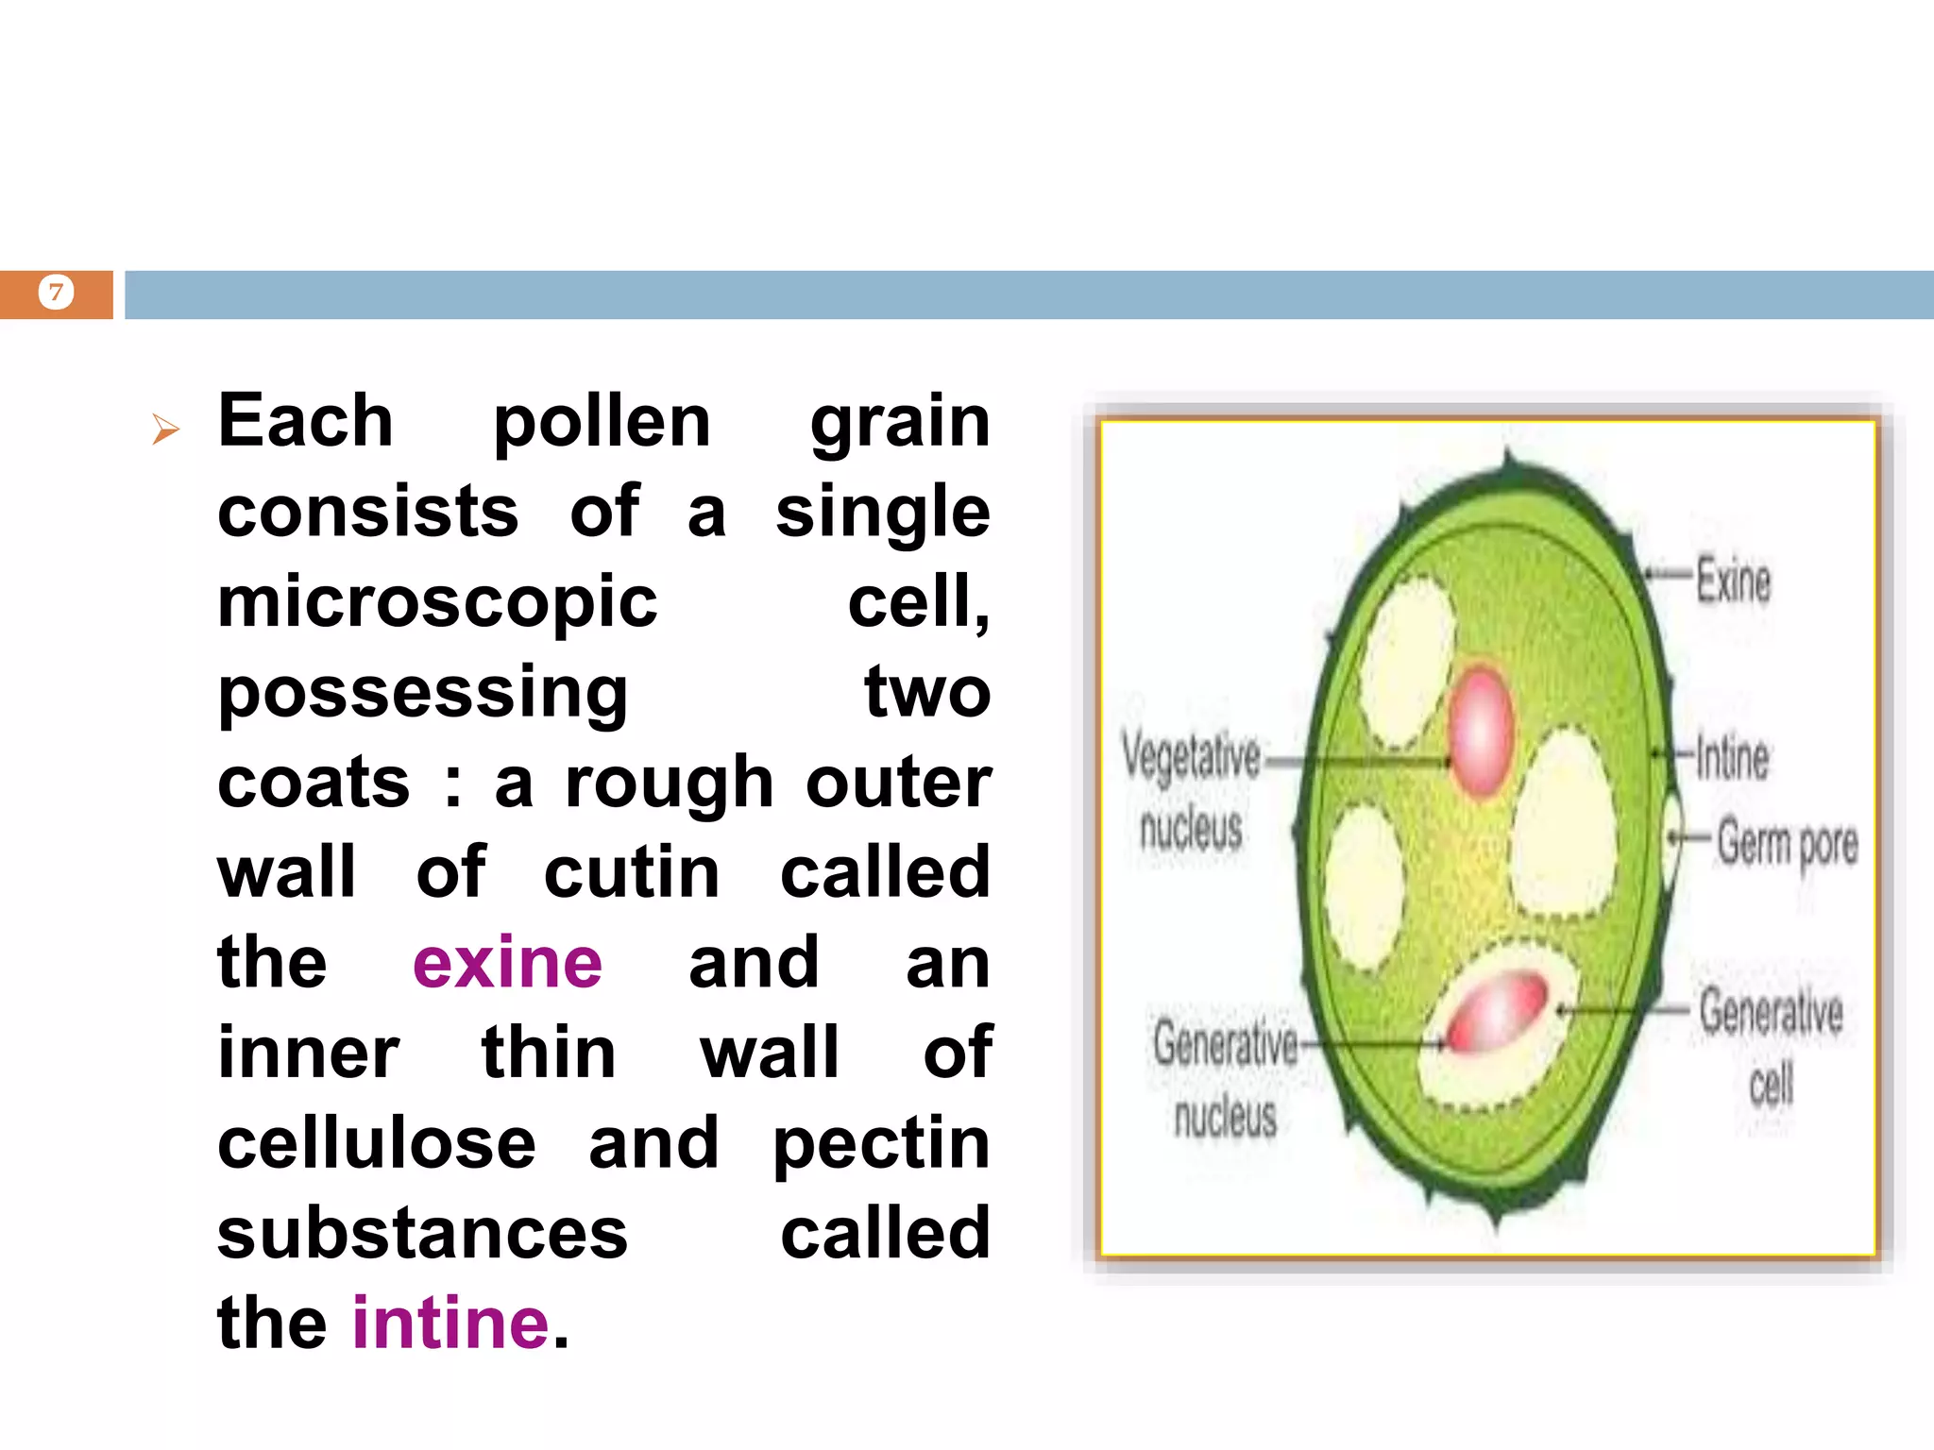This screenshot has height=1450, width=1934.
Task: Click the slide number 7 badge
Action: pyautogui.click(x=56, y=293)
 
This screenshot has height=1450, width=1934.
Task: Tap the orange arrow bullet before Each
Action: pyautogui.click(x=165, y=430)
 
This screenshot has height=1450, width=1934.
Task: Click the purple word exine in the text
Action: pyautogui.click(x=507, y=963)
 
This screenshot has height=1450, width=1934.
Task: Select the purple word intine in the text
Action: pyautogui.click(x=450, y=1324)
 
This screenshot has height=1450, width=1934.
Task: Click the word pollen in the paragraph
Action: pyautogui.click(x=602, y=422)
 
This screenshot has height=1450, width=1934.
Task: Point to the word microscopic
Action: pyautogui.click(x=437, y=601)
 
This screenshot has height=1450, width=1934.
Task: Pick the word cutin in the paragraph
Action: pyautogui.click(x=632, y=873)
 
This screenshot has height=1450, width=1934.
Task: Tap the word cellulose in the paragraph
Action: pyautogui.click(x=377, y=1143)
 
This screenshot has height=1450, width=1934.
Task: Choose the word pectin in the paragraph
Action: pyautogui.click(x=881, y=1145)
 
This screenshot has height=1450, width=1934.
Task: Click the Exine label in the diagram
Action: pyautogui.click(x=1733, y=580)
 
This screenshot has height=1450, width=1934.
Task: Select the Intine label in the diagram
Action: pyautogui.click(x=1732, y=757)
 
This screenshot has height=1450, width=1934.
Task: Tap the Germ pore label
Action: pyautogui.click(x=1787, y=842)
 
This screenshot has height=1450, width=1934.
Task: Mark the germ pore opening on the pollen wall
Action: pyautogui.click(x=1671, y=835)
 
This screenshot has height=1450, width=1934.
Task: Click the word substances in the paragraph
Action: pyautogui.click(x=422, y=1234)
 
